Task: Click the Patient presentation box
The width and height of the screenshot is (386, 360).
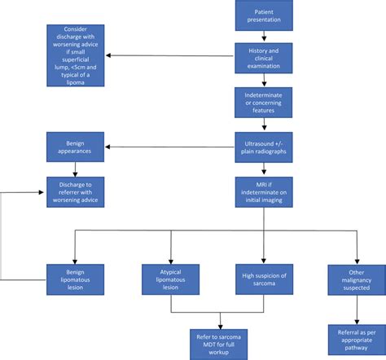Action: pos(264,16)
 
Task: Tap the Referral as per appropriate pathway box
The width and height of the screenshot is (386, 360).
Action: pos(356,336)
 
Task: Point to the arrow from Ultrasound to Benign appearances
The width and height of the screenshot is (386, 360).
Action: pos(171,147)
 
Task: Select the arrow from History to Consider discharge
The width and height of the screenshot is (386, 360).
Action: pos(171,55)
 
